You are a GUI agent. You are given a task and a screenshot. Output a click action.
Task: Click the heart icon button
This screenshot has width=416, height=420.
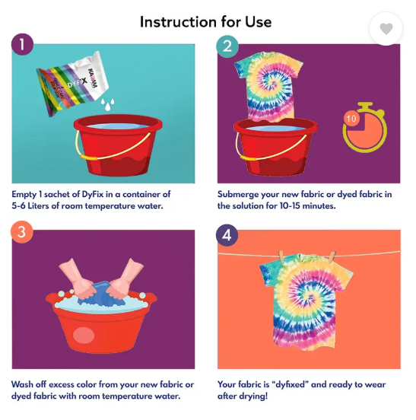pos(386,29)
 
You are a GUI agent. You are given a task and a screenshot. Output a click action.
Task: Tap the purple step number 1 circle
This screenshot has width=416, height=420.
pos(22,44)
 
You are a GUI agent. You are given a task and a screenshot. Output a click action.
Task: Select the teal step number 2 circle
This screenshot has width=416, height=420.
pos(227,46)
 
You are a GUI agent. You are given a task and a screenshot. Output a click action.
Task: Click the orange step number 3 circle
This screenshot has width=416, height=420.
pos(22,232)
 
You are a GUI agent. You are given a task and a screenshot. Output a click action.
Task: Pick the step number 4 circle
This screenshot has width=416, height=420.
pos(227,235)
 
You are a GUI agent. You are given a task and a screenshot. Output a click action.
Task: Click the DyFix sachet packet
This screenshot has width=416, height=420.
pos(72,84)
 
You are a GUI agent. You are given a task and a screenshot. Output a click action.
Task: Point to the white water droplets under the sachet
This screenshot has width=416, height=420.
pos(107,104)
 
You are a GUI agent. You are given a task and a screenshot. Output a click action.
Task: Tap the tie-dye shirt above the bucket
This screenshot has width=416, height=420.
pos(268,87)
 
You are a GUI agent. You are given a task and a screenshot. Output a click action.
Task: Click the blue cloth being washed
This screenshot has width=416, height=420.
pos(102,294)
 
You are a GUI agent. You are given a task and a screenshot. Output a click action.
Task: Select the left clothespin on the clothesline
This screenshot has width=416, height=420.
pos(281,256)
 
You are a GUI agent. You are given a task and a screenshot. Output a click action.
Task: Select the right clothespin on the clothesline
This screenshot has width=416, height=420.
pos(332,257)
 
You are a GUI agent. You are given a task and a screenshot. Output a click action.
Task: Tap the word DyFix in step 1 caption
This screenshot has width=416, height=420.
pos(92,194)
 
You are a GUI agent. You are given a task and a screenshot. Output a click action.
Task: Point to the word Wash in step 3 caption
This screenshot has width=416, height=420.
pos(22,384)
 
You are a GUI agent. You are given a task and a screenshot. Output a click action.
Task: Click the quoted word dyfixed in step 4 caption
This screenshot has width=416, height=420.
pos(291,385)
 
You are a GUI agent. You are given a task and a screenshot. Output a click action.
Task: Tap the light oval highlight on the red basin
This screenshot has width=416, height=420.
pos(84,335)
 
